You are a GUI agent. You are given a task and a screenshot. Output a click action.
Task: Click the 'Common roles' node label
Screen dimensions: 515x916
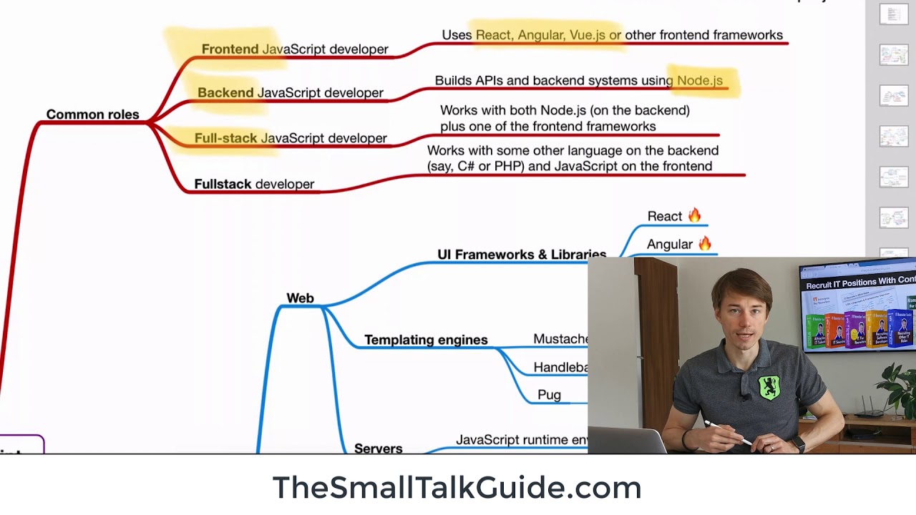92,114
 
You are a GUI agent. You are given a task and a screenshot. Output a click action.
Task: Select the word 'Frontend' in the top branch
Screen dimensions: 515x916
230,49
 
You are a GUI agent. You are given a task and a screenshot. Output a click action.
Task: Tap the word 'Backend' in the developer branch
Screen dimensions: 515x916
225,93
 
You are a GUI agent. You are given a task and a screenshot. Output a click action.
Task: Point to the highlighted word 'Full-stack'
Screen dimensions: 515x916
225,138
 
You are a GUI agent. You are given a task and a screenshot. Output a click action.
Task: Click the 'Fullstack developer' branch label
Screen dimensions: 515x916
254,184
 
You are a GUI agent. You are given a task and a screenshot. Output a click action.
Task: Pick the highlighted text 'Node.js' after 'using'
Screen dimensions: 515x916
700,81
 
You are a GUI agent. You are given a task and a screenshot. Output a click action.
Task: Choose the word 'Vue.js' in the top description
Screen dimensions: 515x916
588,35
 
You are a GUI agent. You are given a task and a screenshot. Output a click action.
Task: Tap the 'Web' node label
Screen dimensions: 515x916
300,298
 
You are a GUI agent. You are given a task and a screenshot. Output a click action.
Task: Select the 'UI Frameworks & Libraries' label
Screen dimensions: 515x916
522,255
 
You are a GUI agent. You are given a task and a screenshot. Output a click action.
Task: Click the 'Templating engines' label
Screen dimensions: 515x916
426,340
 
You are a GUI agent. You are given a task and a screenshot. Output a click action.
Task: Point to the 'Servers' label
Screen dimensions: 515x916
378,448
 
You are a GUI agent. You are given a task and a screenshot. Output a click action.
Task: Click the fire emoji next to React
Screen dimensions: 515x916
694,215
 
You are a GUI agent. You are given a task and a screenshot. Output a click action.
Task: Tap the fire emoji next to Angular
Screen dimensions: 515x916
705,244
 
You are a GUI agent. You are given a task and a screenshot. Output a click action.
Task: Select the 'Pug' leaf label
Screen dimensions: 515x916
549,395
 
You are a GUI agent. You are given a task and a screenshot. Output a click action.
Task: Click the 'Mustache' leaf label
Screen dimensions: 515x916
560,339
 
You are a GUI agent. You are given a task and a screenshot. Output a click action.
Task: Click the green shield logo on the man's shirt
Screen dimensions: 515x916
769,387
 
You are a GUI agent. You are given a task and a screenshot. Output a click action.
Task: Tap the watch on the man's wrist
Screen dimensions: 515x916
798,444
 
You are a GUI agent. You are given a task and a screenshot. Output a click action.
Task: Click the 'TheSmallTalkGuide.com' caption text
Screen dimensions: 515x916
457,488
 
